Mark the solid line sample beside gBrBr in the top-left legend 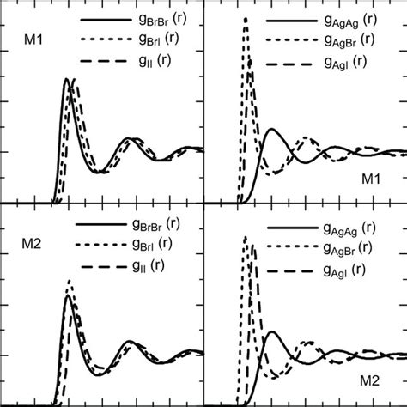click(103, 18)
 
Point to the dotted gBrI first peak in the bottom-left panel click(70, 282)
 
